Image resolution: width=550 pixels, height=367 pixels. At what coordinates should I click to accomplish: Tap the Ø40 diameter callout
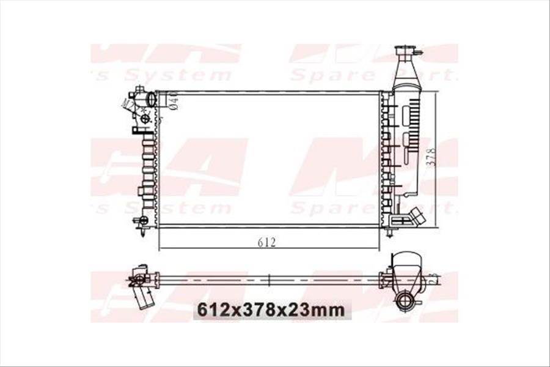pos(173,100)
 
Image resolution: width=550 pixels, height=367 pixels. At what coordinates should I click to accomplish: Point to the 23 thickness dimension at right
pos(433,280)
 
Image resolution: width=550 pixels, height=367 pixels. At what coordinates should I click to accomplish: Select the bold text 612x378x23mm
pos(269,310)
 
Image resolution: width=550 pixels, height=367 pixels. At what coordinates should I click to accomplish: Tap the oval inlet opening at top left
pos(151,98)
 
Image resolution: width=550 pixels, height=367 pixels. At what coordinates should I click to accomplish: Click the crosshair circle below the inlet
pos(145,118)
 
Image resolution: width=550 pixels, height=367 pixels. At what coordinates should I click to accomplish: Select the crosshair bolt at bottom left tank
pos(144,220)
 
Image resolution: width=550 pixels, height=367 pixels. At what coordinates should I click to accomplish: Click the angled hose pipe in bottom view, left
pos(144,298)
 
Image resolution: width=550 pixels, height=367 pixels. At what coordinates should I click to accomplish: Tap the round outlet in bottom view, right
pos(405,299)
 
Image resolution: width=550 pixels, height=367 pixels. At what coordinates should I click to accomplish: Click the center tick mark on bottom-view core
pos(269,280)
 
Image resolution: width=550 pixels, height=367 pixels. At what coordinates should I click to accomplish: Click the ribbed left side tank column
pos(148,165)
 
